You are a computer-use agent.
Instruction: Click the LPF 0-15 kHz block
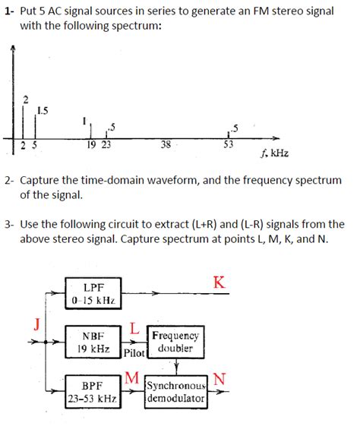93,293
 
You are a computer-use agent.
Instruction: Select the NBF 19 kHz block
93,342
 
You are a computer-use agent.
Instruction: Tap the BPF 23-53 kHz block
93,392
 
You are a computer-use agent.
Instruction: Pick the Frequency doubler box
175,342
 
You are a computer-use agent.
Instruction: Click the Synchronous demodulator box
176,392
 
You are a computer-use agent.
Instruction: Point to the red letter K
219,282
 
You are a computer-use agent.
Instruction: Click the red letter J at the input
37,324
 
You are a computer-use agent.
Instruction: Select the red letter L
134,328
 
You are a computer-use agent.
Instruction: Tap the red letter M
132,377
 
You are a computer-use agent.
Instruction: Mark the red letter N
219,379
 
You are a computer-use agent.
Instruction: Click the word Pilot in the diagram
134,353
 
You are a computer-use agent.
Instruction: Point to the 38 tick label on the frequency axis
166,144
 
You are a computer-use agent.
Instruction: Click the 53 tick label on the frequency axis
228,144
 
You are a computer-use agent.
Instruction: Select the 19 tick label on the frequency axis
92,145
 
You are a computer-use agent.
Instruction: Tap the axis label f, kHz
274,153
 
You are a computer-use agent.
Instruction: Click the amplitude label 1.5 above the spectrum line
43,111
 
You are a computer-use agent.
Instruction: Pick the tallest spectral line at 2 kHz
23,121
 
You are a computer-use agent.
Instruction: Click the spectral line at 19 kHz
90,131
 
